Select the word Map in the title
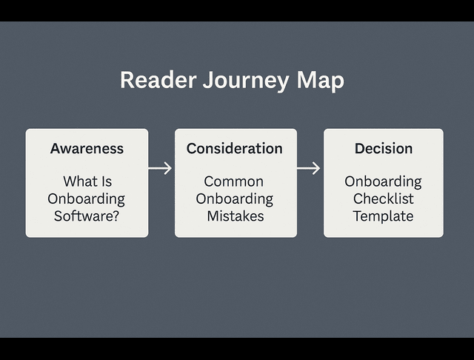(320, 80)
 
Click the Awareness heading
(87, 148)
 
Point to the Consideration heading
(234, 148)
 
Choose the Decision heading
(383, 148)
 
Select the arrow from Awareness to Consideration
(160, 168)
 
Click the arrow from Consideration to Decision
(309, 168)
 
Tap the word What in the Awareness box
(78, 181)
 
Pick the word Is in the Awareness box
(106, 181)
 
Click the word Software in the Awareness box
(83, 216)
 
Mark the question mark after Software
(116, 216)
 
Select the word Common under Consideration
(234, 181)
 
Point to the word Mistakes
(235, 216)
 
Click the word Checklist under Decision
(383, 199)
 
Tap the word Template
(383, 216)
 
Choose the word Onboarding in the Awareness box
(87, 199)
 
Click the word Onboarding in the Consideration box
(234, 199)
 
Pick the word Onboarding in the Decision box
(383, 181)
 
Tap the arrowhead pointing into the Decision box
(317, 168)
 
